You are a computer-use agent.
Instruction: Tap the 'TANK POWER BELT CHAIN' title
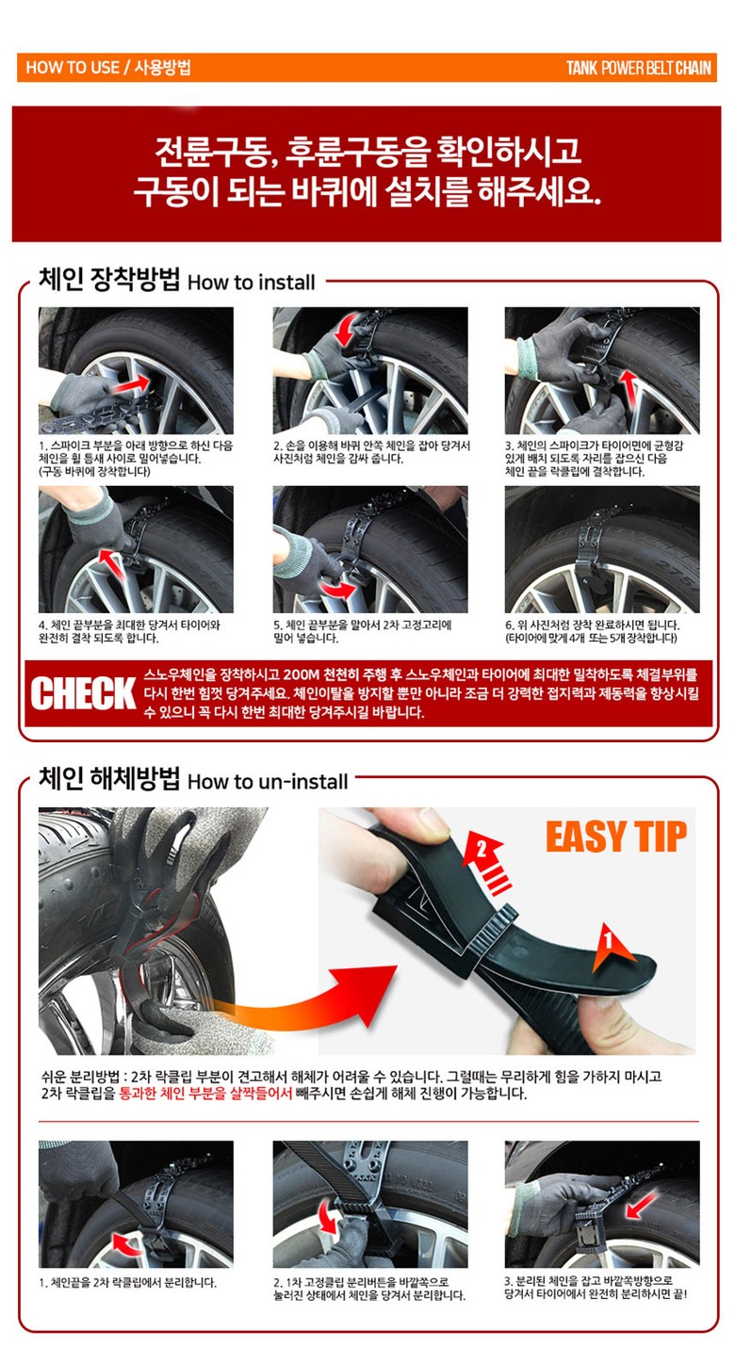click(x=638, y=68)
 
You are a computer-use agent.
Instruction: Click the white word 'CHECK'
click(x=83, y=693)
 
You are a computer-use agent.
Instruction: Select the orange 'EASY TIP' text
click(x=615, y=836)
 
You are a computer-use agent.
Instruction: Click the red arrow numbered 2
click(x=486, y=857)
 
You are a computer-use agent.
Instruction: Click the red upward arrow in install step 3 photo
click(x=629, y=393)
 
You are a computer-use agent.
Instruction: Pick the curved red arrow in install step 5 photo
click(x=338, y=590)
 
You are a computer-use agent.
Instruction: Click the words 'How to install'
click(x=251, y=283)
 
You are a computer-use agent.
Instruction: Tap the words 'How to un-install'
click(x=268, y=781)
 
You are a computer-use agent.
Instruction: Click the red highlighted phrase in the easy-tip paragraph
click(x=205, y=1093)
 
